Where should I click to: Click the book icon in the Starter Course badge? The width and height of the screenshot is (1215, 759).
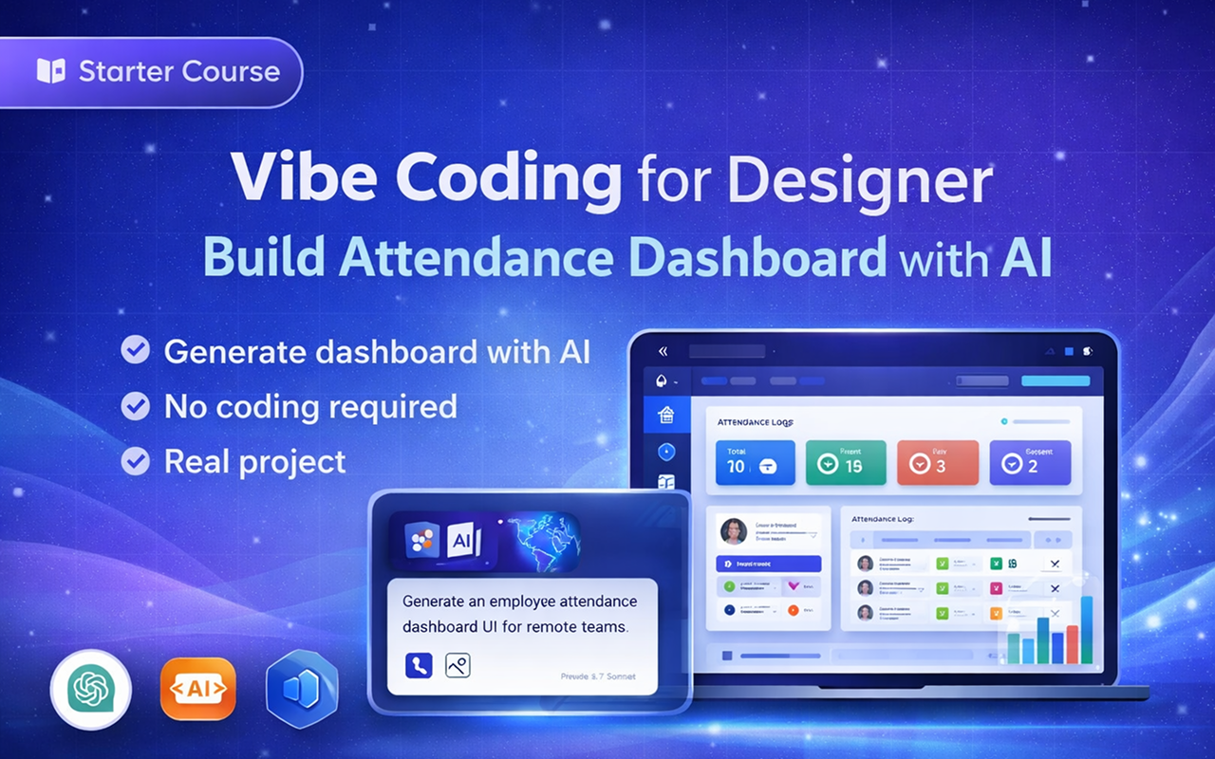coord(51,71)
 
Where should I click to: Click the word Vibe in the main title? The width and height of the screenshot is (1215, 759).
coord(291,178)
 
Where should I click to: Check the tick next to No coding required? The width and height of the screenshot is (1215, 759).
coord(136,407)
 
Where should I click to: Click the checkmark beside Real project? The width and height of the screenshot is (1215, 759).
coord(136,462)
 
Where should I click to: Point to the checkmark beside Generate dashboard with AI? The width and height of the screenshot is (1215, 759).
coord(136,351)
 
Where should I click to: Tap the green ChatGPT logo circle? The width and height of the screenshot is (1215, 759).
coord(90,690)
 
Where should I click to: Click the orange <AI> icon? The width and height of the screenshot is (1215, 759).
coord(197,690)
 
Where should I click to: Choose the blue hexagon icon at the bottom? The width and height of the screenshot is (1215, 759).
coord(303,690)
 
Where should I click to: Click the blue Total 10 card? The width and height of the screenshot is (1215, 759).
coord(756,462)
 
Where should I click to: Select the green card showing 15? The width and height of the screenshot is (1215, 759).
coord(846,462)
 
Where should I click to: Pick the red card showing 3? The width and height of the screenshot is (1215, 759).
coord(938,462)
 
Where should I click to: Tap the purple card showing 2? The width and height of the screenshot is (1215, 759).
coord(1030,462)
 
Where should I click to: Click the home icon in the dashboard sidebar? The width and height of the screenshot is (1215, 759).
coord(665,415)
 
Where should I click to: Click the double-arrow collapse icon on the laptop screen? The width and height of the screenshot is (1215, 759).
coord(663,351)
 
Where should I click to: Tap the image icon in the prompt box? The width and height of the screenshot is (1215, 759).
coord(458,665)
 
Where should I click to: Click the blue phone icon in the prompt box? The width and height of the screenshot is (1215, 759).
coord(419,665)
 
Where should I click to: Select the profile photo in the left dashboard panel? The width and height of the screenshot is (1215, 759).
coord(734,530)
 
